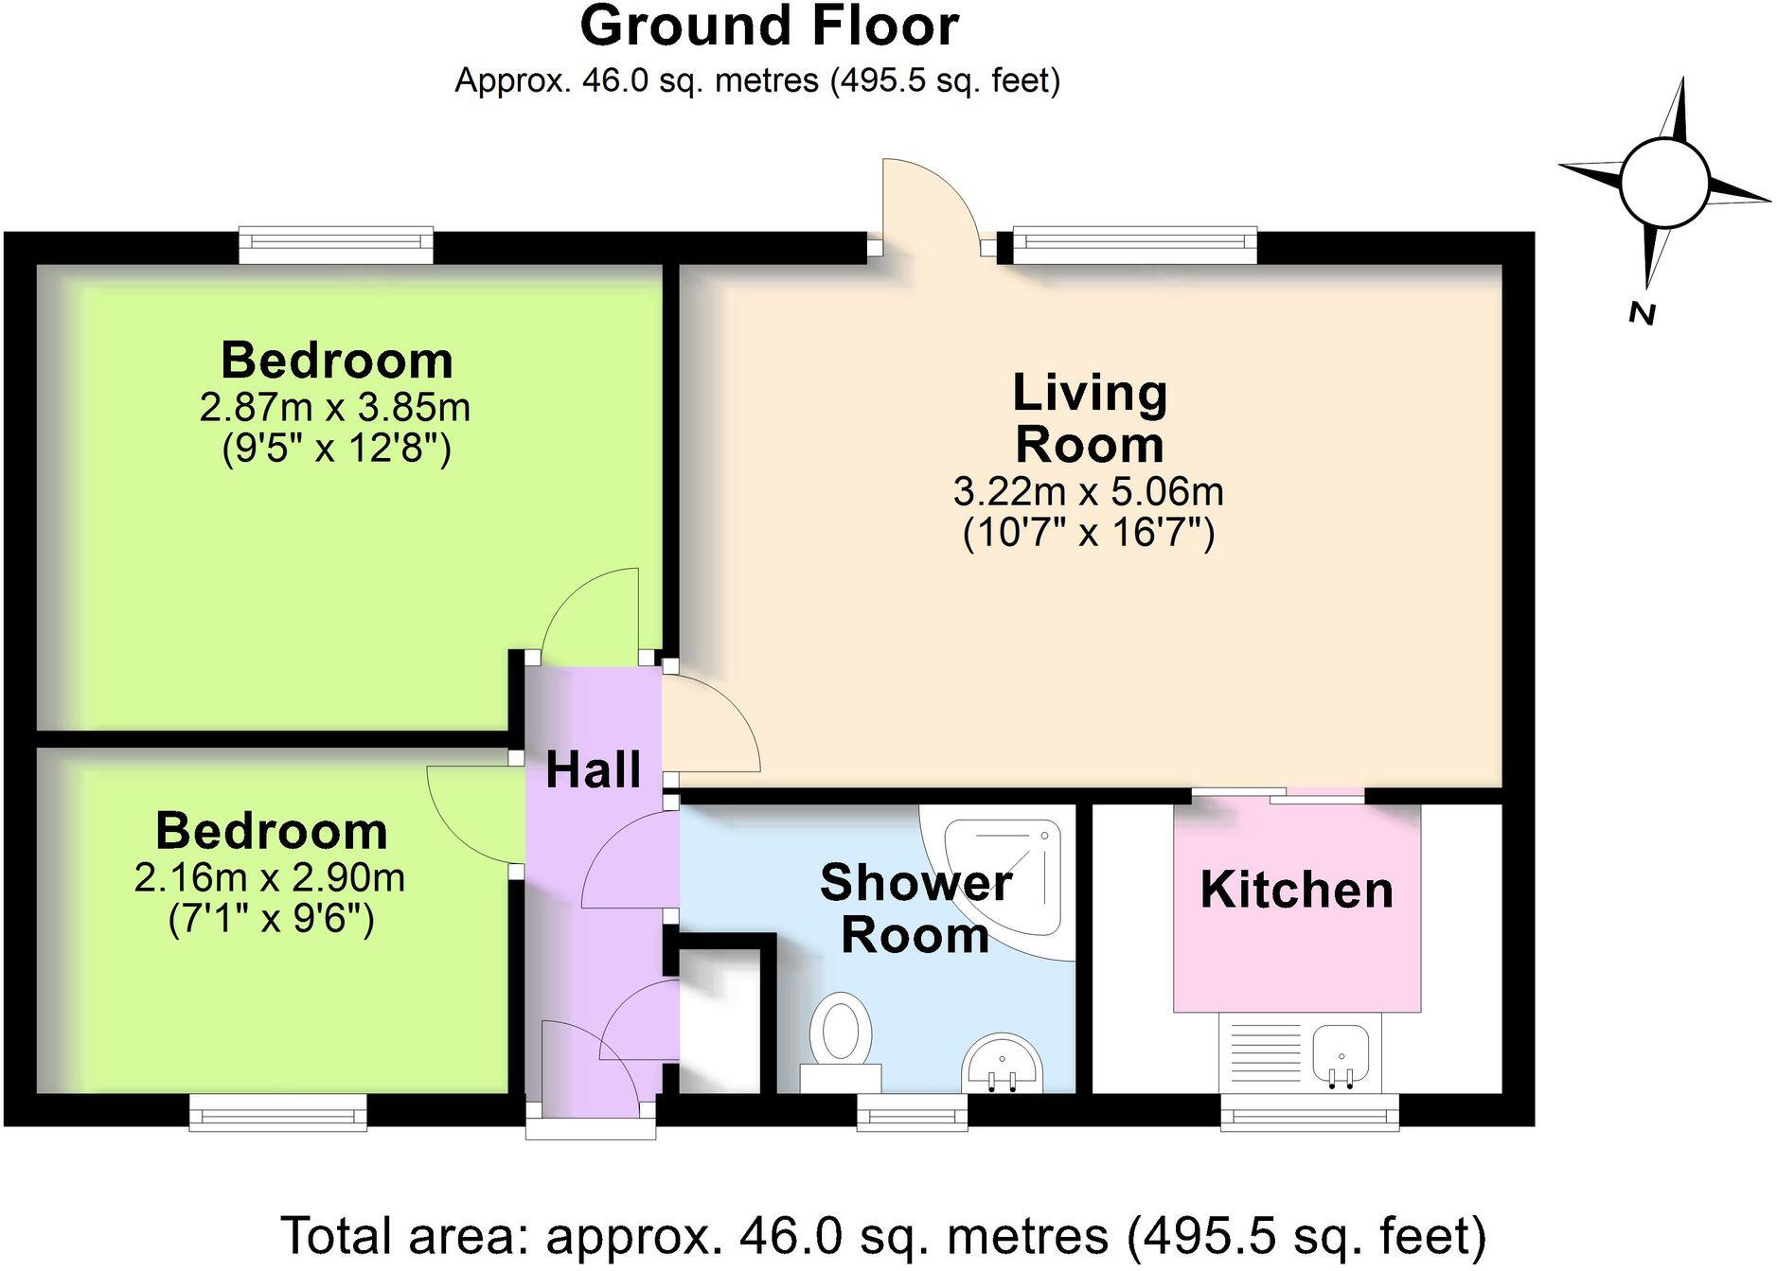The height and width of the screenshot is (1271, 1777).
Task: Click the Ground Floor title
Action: [x=769, y=26]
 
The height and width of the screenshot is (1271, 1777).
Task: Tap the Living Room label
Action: [x=1089, y=418]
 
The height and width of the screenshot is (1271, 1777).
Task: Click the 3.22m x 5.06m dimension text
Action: [x=1088, y=492]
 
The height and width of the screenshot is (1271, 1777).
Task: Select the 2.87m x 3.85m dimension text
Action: [x=334, y=408]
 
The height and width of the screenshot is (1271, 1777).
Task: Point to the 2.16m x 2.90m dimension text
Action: [x=269, y=878]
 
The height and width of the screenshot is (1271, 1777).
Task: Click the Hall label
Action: [x=594, y=769]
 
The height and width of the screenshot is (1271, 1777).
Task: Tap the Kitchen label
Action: [x=1296, y=890]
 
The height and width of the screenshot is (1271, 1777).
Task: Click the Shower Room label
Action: [x=915, y=909]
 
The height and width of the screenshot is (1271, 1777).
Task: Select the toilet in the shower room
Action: [x=841, y=1036]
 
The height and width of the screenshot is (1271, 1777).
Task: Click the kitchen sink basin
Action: [x=1341, y=1054]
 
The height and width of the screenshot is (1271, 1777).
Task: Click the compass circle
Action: [x=1663, y=183]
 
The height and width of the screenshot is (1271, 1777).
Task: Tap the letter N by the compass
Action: [x=1643, y=313]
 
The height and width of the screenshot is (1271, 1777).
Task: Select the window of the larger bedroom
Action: [x=336, y=245]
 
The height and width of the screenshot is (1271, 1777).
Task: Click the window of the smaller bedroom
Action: [x=277, y=1113]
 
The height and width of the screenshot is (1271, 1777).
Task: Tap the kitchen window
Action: [x=1309, y=1113]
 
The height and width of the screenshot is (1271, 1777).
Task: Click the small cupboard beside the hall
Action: [x=720, y=1017]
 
